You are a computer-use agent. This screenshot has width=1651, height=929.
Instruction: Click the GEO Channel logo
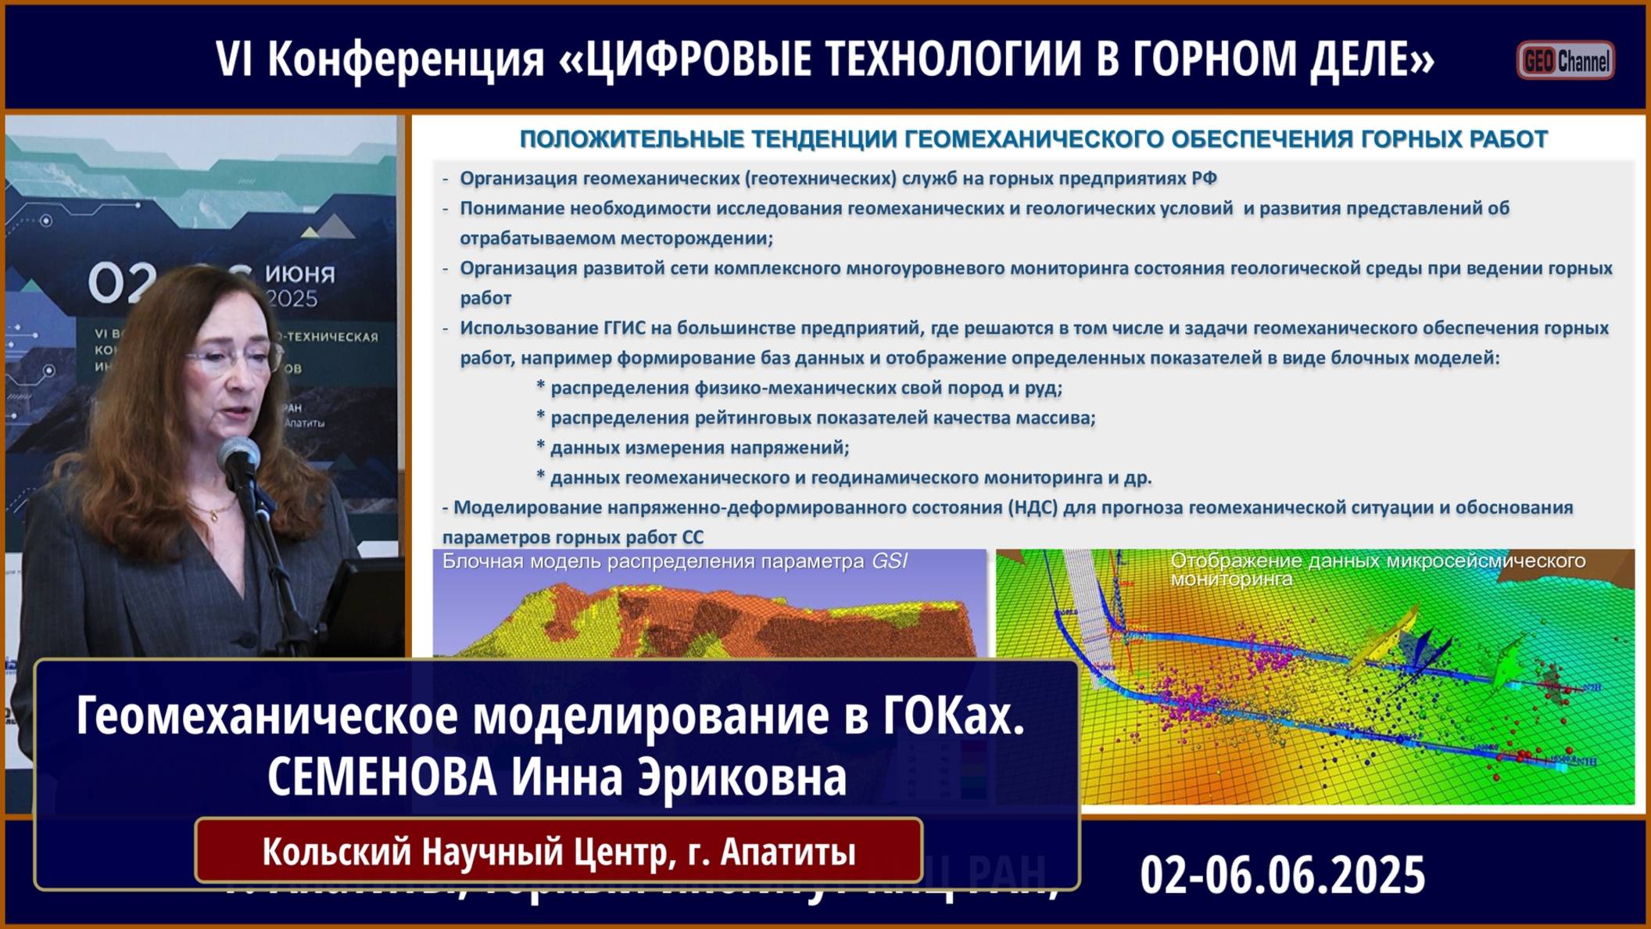click(1565, 60)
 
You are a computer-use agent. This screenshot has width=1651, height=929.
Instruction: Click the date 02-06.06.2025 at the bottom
click(1282, 875)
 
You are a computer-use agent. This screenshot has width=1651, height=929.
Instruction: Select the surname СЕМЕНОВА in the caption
click(381, 777)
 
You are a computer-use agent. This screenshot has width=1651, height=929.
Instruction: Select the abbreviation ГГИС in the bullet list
click(624, 328)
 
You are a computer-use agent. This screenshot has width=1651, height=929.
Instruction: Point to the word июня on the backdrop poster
click(299, 274)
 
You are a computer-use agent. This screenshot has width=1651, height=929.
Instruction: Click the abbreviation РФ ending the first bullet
click(1204, 178)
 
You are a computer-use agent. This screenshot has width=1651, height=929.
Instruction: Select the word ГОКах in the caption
click(952, 715)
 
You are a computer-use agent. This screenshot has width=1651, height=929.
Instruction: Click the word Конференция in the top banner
click(406, 59)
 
